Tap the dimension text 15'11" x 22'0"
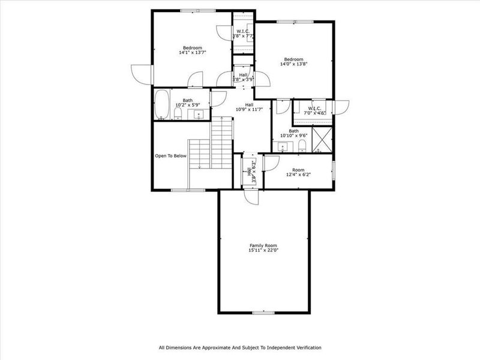point(264,250)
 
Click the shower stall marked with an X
point(321,142)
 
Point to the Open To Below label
point(171,156)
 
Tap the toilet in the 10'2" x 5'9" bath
point(178,113)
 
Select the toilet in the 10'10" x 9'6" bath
point(303,146)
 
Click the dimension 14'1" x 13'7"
point(193,53)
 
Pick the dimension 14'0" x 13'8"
point(293,64)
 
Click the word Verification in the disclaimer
point(305,347)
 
